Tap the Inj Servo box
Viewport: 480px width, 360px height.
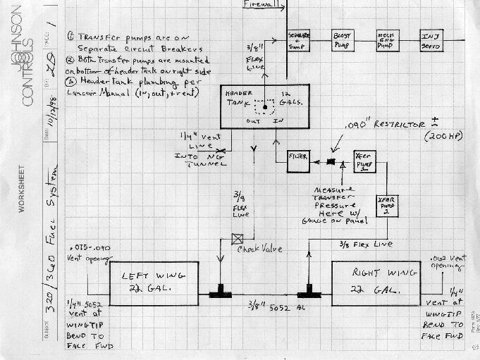click(431, 41)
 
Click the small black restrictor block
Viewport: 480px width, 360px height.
click(329, 162)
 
